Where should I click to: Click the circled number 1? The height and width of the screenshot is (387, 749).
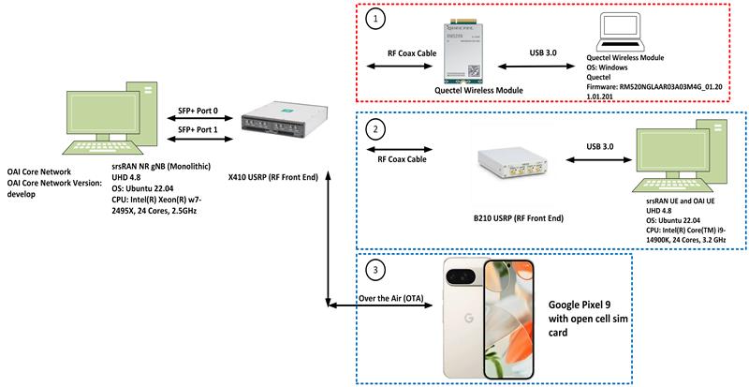[x=375, y=18]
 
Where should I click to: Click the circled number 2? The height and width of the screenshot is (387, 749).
[x=375, y=128]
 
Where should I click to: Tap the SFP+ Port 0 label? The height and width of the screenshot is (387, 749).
[x=198, y=109]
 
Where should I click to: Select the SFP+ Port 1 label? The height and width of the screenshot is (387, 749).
[x=198, y=129]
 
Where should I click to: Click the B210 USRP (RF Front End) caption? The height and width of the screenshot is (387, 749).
[x=511, y=218]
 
